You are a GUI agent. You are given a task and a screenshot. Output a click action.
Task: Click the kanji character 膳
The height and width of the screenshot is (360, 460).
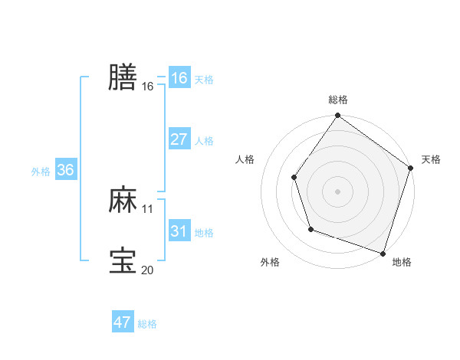pyautogui.click(x=123, y=77)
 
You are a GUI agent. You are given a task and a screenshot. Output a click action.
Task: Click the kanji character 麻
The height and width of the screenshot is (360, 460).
pyautogui.click(x=123, y=200)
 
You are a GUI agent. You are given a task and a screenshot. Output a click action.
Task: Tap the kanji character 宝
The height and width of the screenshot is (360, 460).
pyautogui.click(x=123, y=260)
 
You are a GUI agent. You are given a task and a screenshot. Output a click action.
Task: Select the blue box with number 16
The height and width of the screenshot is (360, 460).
pyautogui.click(x=179, y=78)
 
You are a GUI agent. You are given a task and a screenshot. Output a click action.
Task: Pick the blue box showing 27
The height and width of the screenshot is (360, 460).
pyautogui.click(x=179, y=139)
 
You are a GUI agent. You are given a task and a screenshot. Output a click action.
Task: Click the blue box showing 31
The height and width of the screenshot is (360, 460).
pyautogui.click(x=179, y=231)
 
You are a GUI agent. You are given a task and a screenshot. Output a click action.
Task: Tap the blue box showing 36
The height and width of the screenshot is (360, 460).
pyautogui.click(x=65, y=170)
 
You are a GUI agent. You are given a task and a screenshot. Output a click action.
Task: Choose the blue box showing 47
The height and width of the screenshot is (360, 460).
pyautogui.click(x=123, y=322)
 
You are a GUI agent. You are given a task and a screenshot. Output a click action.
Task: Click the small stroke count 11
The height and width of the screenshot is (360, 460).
pyautogui.click(x=148, y=208)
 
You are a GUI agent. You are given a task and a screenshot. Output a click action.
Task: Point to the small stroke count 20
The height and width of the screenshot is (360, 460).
pyautogui.click(x=148, y=269)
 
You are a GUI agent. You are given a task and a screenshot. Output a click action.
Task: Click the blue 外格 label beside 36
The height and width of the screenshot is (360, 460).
pyautogui.click(x=41, y=172)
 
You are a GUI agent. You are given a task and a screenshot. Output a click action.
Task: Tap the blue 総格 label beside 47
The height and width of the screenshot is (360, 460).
pyautogui.click(x=147, y=324)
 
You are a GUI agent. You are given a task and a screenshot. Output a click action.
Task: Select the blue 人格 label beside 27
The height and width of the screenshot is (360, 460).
pyautogui.click(x=204, y=141)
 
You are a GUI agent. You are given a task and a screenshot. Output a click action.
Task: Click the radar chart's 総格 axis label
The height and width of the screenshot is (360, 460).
pyautogui.click(x=338, y=100)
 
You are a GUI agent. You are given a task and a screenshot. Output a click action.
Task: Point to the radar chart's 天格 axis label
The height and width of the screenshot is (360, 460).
pyautogui.click(x=431, y=159)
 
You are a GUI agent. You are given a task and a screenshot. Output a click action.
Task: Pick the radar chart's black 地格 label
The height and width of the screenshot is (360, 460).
pyautogui.click(x=402, y=263)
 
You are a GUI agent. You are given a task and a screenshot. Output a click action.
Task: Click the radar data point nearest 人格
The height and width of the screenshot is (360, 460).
pyautogui.click(x=294, y=178)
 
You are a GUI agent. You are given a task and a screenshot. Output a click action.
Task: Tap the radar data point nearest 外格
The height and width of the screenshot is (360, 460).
pyautogui.click(x=310, y=229)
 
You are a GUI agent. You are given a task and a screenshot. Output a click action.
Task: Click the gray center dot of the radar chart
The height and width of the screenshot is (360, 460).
pyautogui.click(x=338, y=191)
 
